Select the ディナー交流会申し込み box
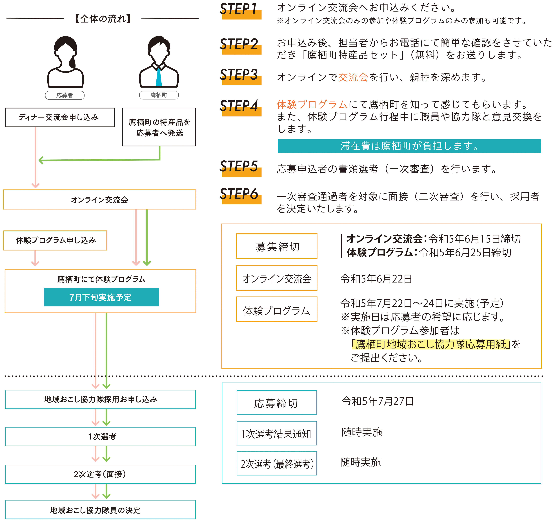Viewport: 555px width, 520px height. coord(60,117)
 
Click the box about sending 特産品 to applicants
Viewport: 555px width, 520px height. coord(159,127)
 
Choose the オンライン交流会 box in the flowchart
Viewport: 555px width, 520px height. coord(100,200)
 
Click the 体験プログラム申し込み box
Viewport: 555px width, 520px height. coord(55,240)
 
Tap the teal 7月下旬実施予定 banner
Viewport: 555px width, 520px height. coord(101,297)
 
